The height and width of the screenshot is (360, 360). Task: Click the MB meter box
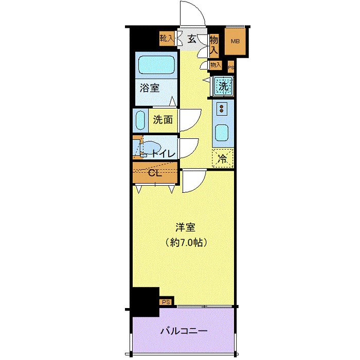coord(235,42)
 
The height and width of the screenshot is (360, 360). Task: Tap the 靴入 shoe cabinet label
coord(167,38)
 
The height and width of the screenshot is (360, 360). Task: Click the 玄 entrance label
coord(191,39)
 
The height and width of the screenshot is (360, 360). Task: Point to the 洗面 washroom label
coord(163,120)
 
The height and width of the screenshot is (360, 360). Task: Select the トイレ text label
coord(163,153)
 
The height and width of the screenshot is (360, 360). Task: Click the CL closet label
coord(155,173)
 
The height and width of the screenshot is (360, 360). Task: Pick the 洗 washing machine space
coord(223,85)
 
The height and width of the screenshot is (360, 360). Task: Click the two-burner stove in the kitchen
coord(222,109)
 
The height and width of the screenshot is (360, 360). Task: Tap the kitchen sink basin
coord(223,133)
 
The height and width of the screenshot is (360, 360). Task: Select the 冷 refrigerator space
coord(223,158)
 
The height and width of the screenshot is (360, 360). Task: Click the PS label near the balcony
coord(166,302)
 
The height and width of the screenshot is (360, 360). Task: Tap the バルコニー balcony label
coord(184,331)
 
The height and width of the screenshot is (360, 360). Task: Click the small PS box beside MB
coord(230,66)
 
